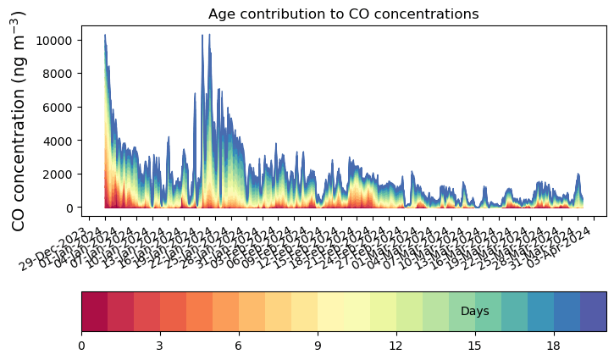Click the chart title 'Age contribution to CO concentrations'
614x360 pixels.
tap(343, 14)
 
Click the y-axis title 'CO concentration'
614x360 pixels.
tap(19, 120)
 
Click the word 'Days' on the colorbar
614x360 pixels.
tap(474, 312)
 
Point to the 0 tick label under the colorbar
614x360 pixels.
tap(81, 346)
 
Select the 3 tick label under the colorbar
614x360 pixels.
tap(160, 346)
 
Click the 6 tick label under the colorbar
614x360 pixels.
tap(239, 346)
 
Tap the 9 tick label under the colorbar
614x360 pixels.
tap(318, 346)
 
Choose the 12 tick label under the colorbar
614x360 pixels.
tap(396, 346)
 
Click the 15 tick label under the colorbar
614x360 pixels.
tap(475, 346)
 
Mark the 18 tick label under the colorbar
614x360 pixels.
tap(554, 346)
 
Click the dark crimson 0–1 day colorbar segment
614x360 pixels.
tap(94, 311)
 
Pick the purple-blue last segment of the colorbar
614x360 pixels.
tap(593, 311)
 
